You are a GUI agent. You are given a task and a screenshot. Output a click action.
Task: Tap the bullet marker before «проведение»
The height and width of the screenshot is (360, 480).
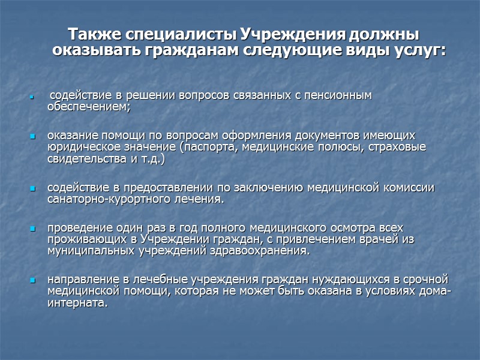tap(34, 229)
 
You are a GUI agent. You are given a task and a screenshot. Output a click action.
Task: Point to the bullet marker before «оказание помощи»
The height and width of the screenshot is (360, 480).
tap(34, 136)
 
